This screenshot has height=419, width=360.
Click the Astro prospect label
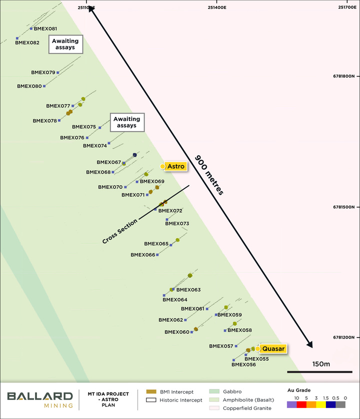click(x=175, y=166)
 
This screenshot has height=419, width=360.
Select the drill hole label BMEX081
click(x=45, y=29)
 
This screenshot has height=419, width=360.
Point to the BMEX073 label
click(x=177, y=223)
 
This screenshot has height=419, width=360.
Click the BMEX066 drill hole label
click(x=143, y=255)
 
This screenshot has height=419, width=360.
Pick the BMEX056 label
click(x=244, y=364)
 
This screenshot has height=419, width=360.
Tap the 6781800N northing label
click(x=343, y=76)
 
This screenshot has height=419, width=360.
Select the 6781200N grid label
click(x=343, y=338)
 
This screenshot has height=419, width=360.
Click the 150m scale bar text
click(x=320, y=363)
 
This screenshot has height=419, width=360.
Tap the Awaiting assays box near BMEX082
click(x=65, y=44)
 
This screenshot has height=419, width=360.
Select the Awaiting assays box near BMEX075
click(x=127, y=122)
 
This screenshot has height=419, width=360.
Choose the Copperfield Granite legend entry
click(x=243, y=408)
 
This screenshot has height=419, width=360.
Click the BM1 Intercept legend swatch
click(x=150, y=391)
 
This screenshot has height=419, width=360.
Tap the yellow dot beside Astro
click(x=162, y=166)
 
